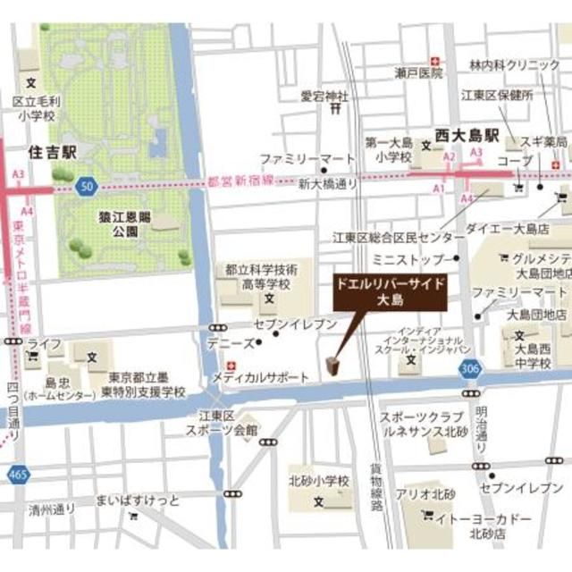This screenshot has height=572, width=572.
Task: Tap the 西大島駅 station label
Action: tap(466, 136)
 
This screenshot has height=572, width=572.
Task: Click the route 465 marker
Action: tap(16, 473)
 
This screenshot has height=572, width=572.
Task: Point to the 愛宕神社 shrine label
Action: tap(324, 95)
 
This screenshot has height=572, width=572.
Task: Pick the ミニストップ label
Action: tap(413, 260)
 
